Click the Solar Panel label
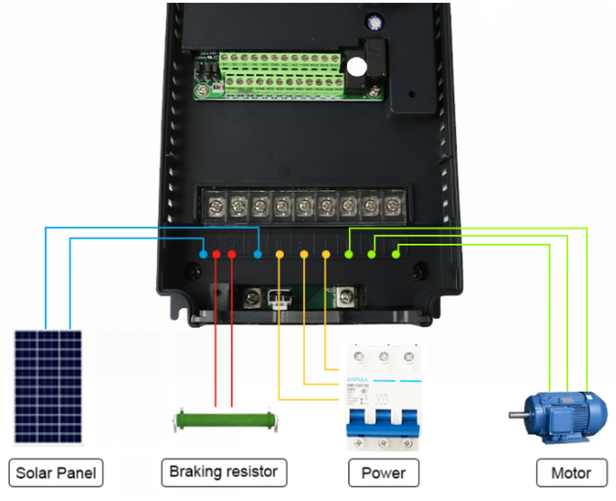pos(58,474)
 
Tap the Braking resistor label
pos(224,473)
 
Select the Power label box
pos(383,474)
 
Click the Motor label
pos(571,474)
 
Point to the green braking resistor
pos(224,421)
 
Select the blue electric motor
pos(557,418)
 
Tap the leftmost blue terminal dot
pos(203,254)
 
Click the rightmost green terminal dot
pos(396,254)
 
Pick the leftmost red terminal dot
pos(216,254)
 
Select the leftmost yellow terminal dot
pos(280,255)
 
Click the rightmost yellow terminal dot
pos(326,255)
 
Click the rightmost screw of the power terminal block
pos(392,207)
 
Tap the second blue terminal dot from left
pos(257,254)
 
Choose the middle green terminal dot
pos(372,254)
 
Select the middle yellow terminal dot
pos(303,255)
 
